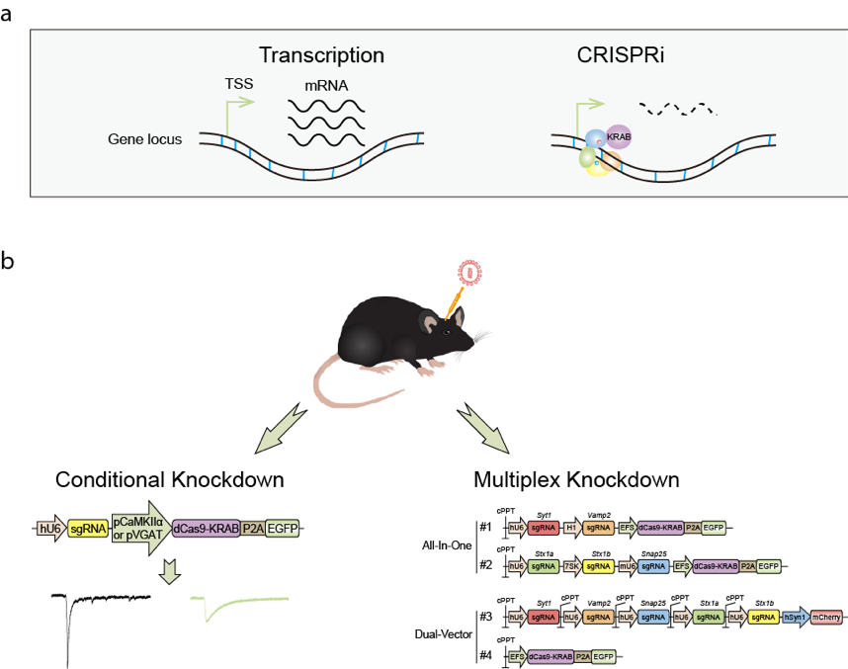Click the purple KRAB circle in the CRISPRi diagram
620,138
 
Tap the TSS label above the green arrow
238,84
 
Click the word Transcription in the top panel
321,54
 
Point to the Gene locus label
145,139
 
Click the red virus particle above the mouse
467,272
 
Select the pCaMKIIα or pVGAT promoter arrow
139,528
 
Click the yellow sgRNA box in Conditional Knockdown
87,529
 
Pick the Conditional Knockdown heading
170,480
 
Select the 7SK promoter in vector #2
571,566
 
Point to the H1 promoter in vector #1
571,528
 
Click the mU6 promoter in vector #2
626,566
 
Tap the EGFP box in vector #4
605,655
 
